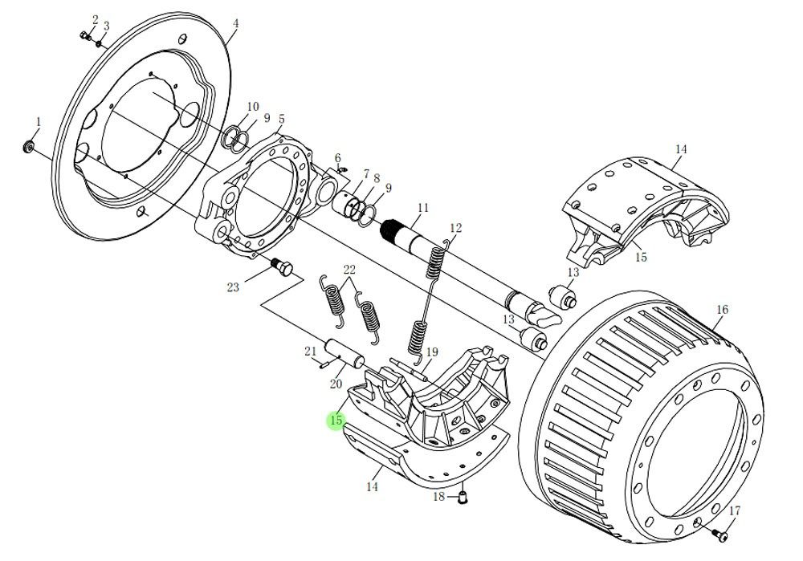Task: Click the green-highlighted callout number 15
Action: click(x=336, y=421)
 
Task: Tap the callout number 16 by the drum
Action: click(x=722, y=310)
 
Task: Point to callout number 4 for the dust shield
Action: click(x=235, y=24)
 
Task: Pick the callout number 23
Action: click(x=234, y=287)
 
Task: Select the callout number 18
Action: click(x=438, y=498)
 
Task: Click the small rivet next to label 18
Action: click(x=462, y=497)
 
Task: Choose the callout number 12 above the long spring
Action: click(x=455, y=228)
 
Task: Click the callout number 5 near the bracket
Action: click(x=281, y=119)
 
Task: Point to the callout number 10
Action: click(x=253, y=107)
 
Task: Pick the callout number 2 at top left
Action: click(x=95, y=18)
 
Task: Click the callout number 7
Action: click(x=365, y=174)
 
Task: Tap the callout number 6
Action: click(x=338, y=157)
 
